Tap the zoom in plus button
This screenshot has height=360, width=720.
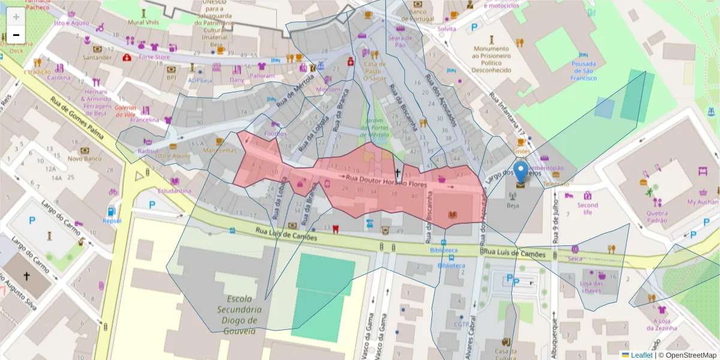coord(16,16)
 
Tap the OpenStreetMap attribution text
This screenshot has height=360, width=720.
coord(691,355)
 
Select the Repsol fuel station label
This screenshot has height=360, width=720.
coord(112,220)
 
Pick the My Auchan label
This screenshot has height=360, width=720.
coord(702,202)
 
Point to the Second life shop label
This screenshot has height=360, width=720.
coord(587,208)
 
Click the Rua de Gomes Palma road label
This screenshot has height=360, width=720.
coord(78,118)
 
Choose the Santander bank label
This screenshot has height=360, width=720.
coord(97,58)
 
